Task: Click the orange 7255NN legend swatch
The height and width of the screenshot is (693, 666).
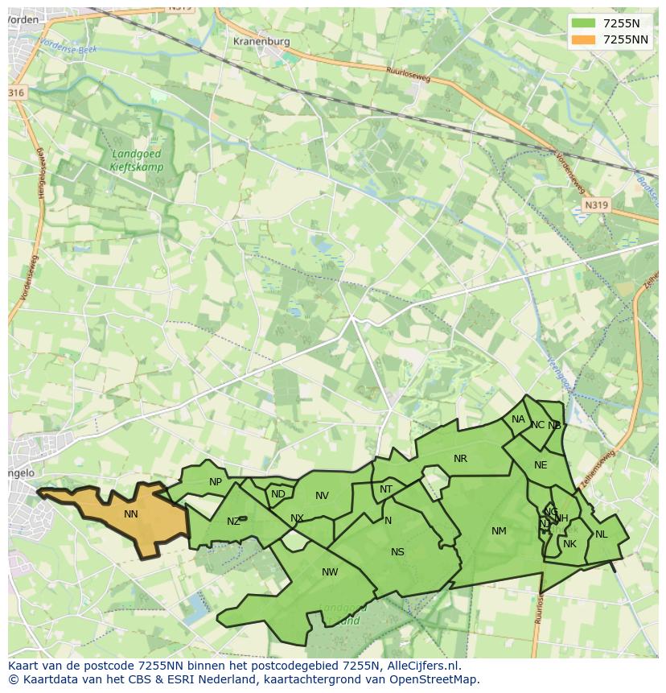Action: point(584,39)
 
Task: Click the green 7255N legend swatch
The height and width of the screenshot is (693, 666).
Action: point(584,23)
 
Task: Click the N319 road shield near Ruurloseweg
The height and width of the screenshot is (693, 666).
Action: point(595,205)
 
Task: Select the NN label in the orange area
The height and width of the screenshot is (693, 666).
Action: point(131,514)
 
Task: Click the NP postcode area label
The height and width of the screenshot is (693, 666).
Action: point(216,482)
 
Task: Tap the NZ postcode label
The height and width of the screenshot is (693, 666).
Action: point(233,522)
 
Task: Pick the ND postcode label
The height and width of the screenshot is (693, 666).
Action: point(278,494)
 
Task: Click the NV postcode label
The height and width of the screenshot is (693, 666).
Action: point(322,496)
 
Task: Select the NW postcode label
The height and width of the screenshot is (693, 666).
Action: point(330,572)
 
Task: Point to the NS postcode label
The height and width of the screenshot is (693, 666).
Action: point(397,552)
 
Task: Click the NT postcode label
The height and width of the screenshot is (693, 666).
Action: point(386,489)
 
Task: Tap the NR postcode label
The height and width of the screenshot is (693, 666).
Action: point(460,459)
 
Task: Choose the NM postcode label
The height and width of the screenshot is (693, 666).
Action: point(499,531)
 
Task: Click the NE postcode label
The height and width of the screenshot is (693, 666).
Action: point(541,465)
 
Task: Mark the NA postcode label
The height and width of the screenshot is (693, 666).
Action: point(518,419)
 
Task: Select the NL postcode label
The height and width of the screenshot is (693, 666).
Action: point(601,534)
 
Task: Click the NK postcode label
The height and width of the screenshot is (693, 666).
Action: point(569,544)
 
